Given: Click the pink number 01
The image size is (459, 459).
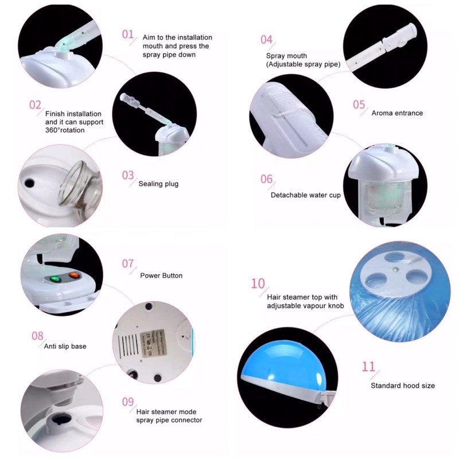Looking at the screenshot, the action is pyautogui.click(x=127, y=34).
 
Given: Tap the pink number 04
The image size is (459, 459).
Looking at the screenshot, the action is pyautogui.click(x=266, y=40).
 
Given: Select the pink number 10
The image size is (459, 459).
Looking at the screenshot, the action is pyautogui.click(x=258, y=283).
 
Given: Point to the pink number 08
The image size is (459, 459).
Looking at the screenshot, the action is pyautogui.click(x=37, y=336).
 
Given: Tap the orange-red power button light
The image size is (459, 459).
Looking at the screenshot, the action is pyautogui.click(x=74, y=275).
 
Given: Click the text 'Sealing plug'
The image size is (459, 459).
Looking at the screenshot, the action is pyautogui.click(x=158, y=184).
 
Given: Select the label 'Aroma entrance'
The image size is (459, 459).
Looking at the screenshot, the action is pyautogui.click(x=397, y=113).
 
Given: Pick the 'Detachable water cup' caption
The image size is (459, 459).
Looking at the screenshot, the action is pyautogui.click(x=306, y=195).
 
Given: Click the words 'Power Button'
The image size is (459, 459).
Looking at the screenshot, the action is pyautogui.click(x=161, y=275).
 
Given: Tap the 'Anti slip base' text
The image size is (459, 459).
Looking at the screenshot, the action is pyautogui.click(x=65, y=347).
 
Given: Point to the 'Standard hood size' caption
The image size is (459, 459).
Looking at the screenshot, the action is pyautogui.click(x=403, y=386).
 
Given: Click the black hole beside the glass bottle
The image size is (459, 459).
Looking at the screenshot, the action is pyautogui.click(x=30, y=184).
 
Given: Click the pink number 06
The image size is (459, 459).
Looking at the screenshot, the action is pyautogui.click(x=266, y=179).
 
